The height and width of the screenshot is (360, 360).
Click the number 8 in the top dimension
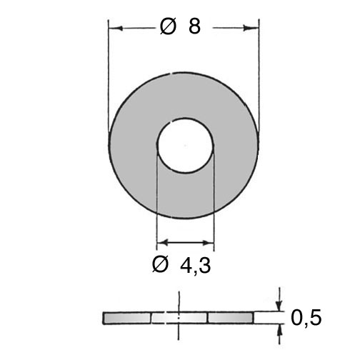pyautogui.click(x=194, y=26)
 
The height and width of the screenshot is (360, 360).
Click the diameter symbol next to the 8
pyautogui.click(x=168, y=26)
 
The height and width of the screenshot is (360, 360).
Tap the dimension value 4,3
pyautogui.click(x=196, y=266)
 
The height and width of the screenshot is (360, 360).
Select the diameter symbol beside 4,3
pyautogui.click(x=160, y=264)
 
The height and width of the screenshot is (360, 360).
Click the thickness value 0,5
pyautogui.click(x=306, y=318)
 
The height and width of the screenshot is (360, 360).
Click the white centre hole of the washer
pyautogui.click(x=185, y=145)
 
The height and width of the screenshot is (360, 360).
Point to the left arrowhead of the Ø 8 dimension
pyautogui.click(x=116, y=29)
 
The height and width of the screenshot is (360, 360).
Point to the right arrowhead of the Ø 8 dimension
pyautogui.click(x=251, y=29)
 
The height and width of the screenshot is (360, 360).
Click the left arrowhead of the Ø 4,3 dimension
pyautogui.click(x=163, y=243)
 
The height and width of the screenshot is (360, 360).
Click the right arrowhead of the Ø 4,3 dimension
pyautogui.click(x=208, y=243)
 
